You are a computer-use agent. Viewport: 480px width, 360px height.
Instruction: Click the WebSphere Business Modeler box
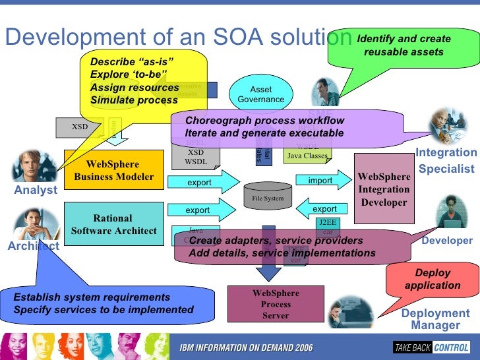coord(113,170)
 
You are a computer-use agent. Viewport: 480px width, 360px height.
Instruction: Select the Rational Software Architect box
coord(113,224)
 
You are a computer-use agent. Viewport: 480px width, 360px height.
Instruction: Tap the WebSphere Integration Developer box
coord(384,189)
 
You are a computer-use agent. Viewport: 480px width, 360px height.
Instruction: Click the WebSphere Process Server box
coord(276,303)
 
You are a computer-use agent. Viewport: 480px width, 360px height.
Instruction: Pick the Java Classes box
coord(307,156)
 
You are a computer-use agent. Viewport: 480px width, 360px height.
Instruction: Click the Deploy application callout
coord(433,279)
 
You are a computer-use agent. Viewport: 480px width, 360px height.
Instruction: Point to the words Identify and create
coord(404,39)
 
